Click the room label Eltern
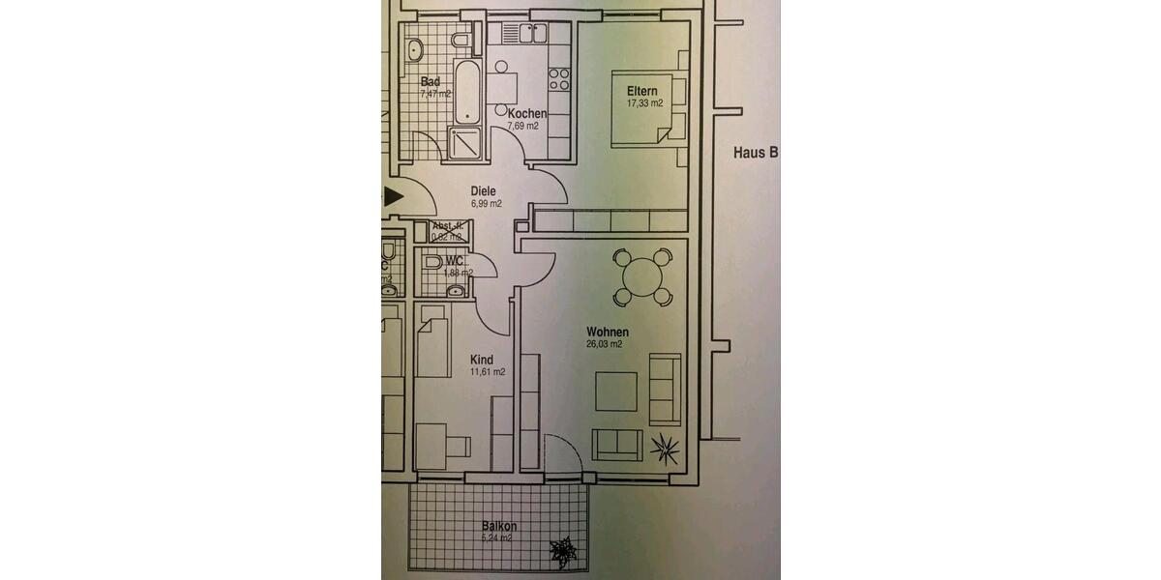coord(641,91)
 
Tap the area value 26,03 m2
coord(604,344)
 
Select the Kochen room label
coord(527,113)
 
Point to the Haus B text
coord(756,152)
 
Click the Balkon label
coord(499,527)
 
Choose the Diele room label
coord(484,191)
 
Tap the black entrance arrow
coord(393,197)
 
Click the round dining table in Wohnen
coord(640,277)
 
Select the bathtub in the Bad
coord(466,94)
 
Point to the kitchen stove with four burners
coord(559,79)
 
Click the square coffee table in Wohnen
coord(615,392)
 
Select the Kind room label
coord(481,360)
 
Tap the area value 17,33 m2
coord(644,103)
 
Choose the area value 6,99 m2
coord(486,204)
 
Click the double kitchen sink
coord(532,34)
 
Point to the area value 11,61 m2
coord(487,372)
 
